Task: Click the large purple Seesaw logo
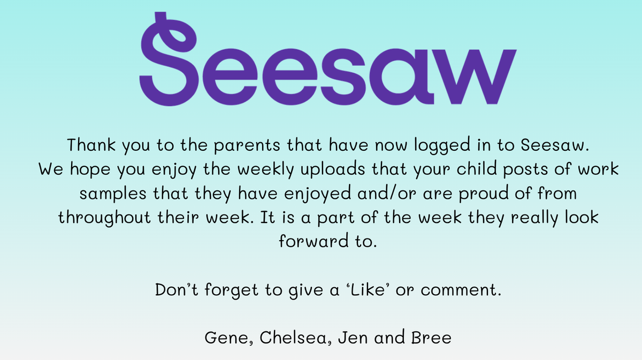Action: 328,59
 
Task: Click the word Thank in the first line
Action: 91,145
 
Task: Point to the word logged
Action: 442,145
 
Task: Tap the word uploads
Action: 333,170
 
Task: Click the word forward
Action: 314,240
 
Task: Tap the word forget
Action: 231,290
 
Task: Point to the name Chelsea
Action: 293,337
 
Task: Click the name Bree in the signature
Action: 431,338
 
